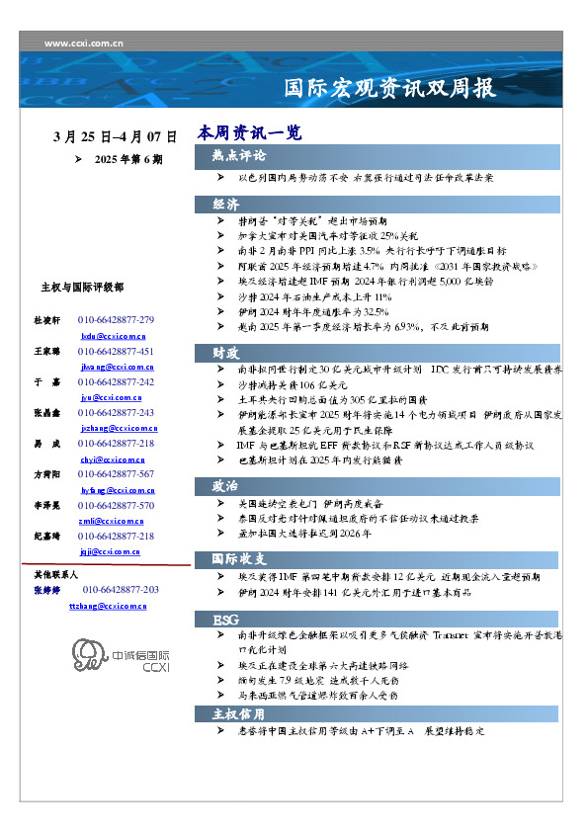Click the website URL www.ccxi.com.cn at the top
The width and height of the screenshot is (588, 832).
tap(84, 43)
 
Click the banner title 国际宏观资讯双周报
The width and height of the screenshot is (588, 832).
tap(389, 89)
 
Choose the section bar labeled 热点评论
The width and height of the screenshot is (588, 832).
tap(238, 156)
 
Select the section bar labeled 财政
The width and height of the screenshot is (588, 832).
tap(225, 352)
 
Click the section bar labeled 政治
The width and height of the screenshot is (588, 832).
tap(225, 485)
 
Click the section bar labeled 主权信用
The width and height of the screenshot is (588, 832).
tap(238, 712)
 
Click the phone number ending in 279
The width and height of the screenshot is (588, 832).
tap(116, 321)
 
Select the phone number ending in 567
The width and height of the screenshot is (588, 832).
tap(116, 474)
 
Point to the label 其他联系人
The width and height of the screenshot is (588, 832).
tap(56, 574)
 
